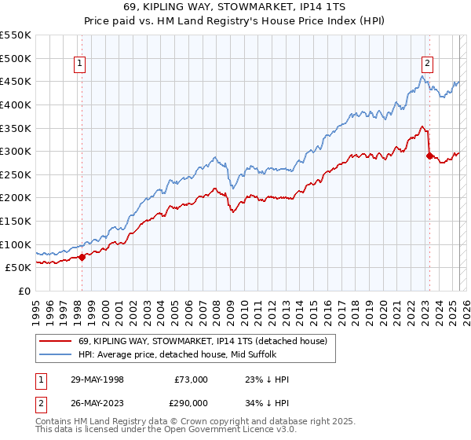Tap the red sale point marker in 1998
coord(82,257)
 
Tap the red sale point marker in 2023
coord(429,156)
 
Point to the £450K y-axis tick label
coord(16,81)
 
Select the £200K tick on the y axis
coord(16,197)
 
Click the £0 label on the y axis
coord(25,291)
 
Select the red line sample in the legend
coord(56,340)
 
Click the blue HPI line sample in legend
coord(56,354)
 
